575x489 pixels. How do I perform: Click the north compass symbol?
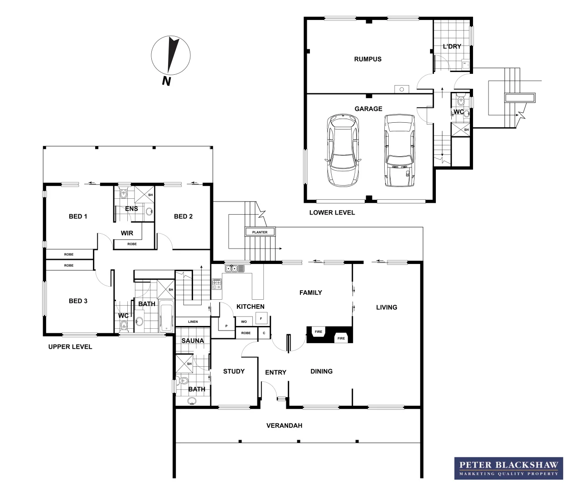point(171,56)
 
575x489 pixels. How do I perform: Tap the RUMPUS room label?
point(367,59)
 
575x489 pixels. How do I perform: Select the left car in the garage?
point(343,150)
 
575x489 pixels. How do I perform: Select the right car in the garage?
point(400,150)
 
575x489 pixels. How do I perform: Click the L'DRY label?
point(452,46)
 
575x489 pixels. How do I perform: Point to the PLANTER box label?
point(260,232)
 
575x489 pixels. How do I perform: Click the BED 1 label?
point(78,216)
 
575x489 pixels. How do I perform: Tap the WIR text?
point(127,233)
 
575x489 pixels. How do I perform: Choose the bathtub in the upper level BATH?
point(166,316)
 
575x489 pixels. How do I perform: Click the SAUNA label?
point(193,340)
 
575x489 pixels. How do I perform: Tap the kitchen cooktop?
point(217,284)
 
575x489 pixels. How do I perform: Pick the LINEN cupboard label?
point(193,321)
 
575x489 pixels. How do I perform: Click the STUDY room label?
point(234,371)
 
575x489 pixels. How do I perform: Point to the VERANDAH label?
point(284,426)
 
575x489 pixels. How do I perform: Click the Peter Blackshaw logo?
point(508,468)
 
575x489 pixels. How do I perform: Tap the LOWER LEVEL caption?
point(332,212)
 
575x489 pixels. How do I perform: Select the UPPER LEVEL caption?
point(70,347)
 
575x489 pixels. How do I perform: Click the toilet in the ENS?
point(123,195)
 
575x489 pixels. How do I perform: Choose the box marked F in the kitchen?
point(261,319)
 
